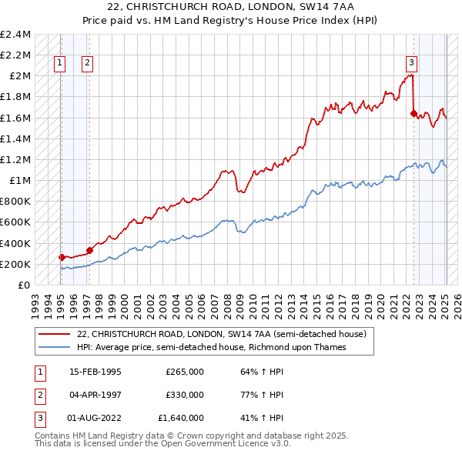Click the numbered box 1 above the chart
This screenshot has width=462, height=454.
60,64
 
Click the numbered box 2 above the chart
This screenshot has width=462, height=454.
87,64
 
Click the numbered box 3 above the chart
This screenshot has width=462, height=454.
412,64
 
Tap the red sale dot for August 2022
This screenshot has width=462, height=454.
413,113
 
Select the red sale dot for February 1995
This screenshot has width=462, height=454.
61,257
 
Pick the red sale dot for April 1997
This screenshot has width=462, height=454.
89,250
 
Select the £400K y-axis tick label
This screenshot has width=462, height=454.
15,243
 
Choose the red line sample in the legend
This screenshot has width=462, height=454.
55,334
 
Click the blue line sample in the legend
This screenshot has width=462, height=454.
55,347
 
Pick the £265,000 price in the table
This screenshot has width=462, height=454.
185,372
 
